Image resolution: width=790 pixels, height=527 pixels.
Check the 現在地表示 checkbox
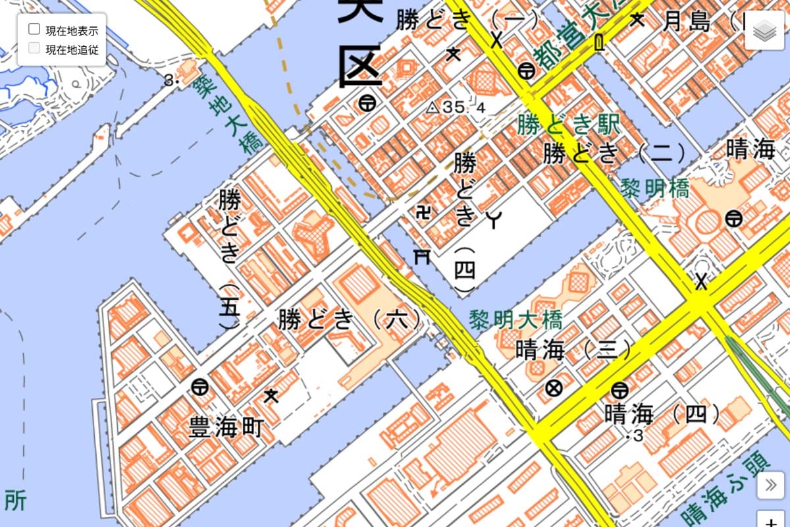tap(34, 30)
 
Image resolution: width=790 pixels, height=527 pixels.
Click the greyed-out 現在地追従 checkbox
tap(34, 48)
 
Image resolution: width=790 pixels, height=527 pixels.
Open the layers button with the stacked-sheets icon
tap(766, 31)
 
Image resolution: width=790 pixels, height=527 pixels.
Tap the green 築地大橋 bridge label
tap(224, 115)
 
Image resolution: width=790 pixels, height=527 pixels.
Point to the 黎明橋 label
tap(655, 189)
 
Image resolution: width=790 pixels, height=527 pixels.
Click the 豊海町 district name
tap(226, 427)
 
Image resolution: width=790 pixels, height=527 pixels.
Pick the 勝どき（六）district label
tap(350, 319)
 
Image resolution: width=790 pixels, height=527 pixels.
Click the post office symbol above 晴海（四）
tap(618, 389)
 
